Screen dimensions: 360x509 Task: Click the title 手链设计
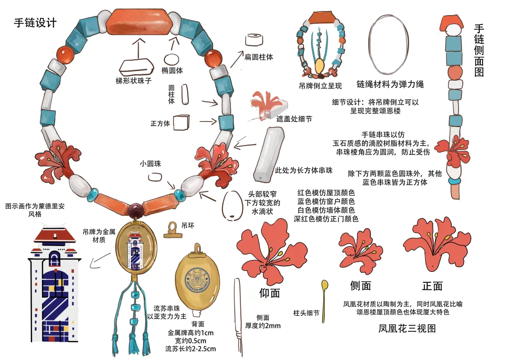pos(35,22)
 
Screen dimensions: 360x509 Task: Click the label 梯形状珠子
pos(134,81)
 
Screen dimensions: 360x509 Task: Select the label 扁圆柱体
pos(258,57)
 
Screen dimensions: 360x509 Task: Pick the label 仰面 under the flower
pos(270,293)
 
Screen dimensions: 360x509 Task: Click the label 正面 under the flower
pos(432,286)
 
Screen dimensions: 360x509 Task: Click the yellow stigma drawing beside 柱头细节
pos(324,295)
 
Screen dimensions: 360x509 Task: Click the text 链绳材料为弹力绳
pos(390,84)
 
